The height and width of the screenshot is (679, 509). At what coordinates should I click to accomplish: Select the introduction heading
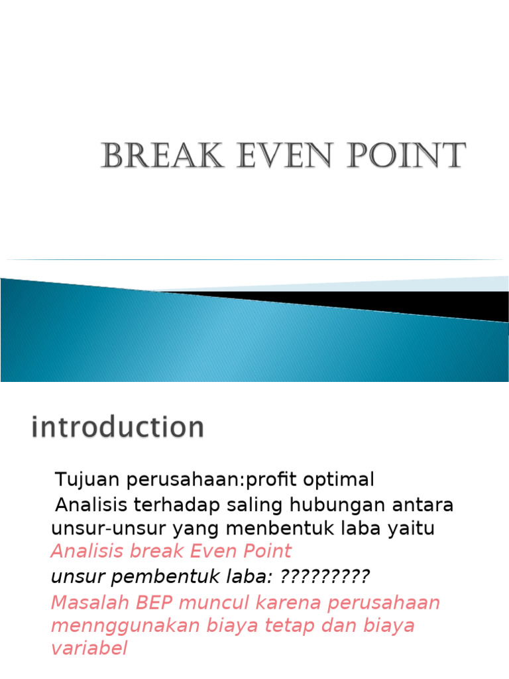(117, 427)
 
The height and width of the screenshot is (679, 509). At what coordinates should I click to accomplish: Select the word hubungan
(333, 505)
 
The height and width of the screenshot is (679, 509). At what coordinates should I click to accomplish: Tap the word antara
(422, 505)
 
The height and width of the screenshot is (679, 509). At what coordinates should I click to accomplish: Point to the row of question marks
(325, 577)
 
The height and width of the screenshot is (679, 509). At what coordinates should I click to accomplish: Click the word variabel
(89, 648)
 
